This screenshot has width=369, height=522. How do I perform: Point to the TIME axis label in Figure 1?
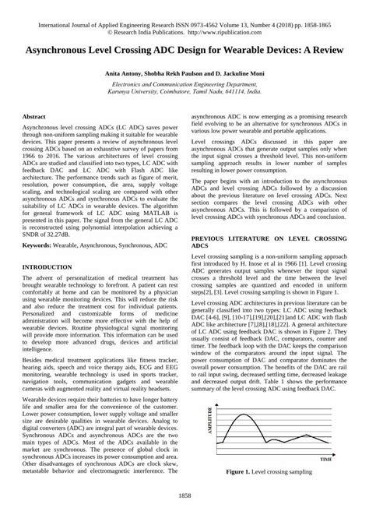pyautogui.click(x=325, y=460)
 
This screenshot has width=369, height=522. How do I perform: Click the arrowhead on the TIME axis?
pyautogui.click(x=336, y=454)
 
